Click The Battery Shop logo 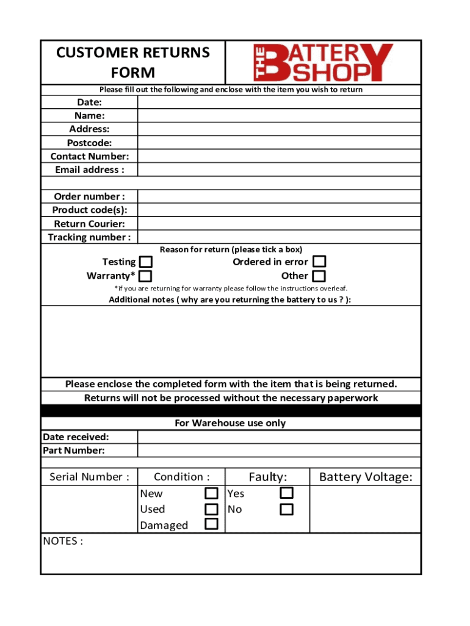(323, 62)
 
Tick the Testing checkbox (146, 262)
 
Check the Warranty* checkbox (146, 276)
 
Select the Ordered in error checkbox (319, 262)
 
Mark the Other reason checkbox (319, 276)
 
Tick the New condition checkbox (211, 493)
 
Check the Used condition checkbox (211, 509)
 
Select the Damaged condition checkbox (211, 524)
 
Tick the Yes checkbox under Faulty (286, 493)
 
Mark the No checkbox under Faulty (286, 509)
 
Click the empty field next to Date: (279, 102)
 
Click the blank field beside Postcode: (279, 142)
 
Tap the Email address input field (279, 170)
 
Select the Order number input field (279, 196)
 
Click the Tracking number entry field (279, 237)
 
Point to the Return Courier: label (89, 224)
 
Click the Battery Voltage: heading (366, 477)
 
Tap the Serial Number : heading (89, 477)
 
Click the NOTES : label (63, 541)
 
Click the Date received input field (279, 436)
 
